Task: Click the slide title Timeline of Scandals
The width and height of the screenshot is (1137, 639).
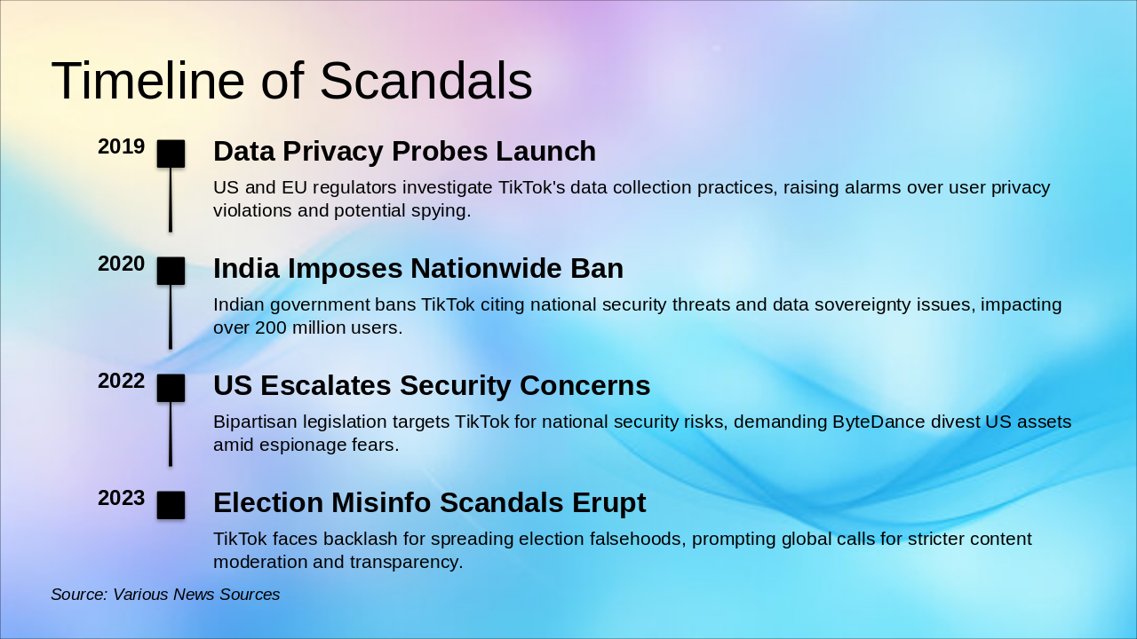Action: click(291, 81)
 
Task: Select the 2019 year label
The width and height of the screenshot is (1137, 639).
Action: click(121, 147)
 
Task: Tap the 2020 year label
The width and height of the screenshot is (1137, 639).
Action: click(121, 264)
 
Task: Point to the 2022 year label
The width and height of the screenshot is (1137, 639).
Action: click(121, 382)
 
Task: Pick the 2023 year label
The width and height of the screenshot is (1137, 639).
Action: click(121, 499)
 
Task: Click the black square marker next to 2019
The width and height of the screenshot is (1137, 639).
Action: click(171, 154)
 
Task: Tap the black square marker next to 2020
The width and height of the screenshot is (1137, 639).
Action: click(171, 271)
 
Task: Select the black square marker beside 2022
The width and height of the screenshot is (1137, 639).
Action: click(171, 388)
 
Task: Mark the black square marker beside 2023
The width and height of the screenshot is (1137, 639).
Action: click(171, 505)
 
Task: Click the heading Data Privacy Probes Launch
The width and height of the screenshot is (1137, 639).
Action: click(404, 152)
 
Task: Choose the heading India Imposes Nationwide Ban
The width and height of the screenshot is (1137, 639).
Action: click(417, 269)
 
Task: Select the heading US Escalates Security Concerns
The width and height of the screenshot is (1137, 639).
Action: click(431, 386)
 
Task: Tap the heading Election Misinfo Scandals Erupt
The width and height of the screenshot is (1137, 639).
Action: click(429, 503)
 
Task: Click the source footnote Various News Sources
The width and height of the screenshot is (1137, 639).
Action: click(165, 595)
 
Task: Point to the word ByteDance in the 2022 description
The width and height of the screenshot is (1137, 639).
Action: click(879, 422)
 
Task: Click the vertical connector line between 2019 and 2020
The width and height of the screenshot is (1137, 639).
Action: click(171, 200)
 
